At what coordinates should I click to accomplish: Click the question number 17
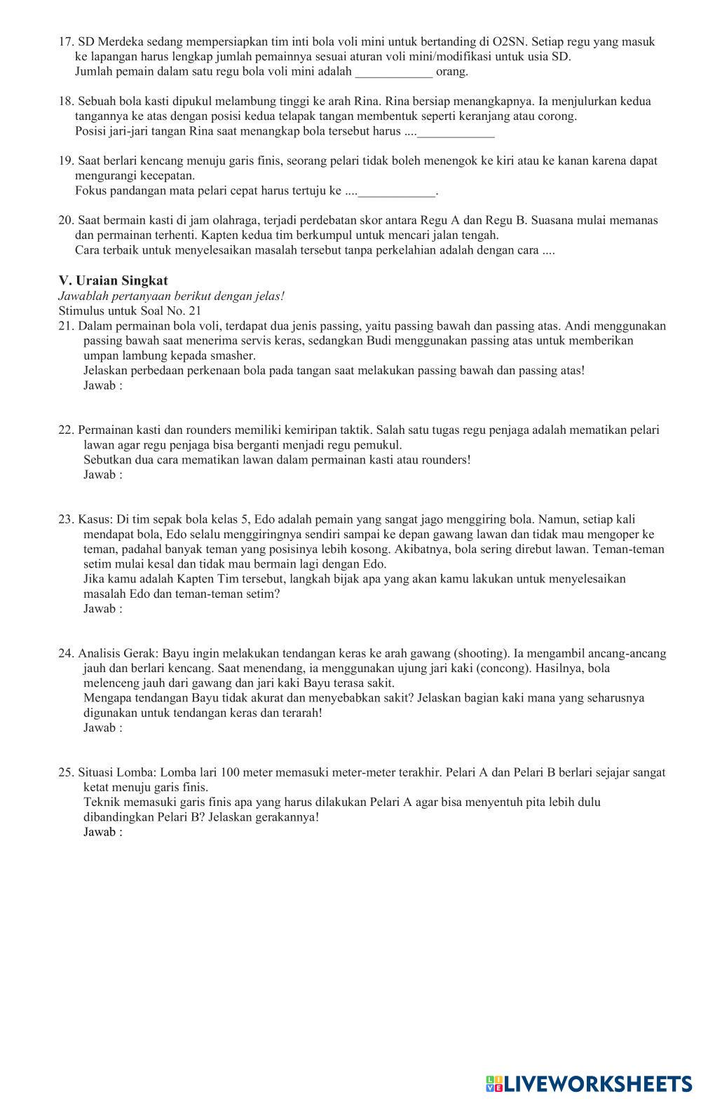[x=66, y=42]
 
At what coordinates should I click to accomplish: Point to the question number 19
[x=66, y=161]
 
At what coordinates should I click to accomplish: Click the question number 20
[x=66, y=221]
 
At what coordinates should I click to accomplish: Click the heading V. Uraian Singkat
[x=113, y=281]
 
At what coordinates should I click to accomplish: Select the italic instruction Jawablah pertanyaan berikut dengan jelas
[x=172, y=296]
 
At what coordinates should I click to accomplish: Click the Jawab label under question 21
[x=102, y=385]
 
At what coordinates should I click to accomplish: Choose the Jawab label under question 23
[x=102, y=608]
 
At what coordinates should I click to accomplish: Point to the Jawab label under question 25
[x=102, y=832]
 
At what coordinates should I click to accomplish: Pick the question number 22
[x=66, y=430]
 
